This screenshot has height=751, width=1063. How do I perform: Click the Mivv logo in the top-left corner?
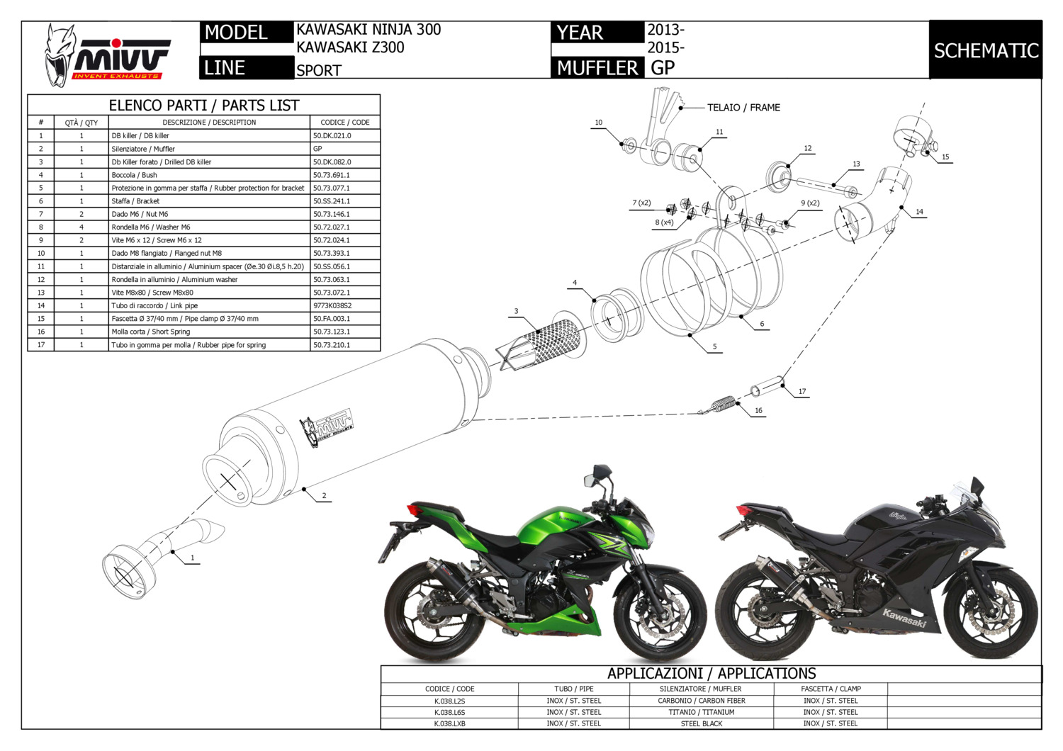[106, 55]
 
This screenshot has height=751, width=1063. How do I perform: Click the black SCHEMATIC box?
[986, 50]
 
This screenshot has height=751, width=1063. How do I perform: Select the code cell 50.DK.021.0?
[332, 135]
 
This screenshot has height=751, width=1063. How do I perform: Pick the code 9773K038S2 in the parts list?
[332, 305]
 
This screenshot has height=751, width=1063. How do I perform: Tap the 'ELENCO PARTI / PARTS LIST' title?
[203, 106]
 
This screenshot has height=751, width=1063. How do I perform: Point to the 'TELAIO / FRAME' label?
[743, 108]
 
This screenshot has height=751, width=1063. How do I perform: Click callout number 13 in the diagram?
[856, 164]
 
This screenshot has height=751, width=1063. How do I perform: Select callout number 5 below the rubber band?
[714, 346]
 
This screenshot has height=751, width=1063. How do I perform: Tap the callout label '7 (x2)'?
[641, 203]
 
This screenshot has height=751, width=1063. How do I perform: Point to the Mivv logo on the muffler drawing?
[326, 426]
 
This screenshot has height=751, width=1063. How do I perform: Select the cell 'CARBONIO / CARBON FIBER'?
[701, 701]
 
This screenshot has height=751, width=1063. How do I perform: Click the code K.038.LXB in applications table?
[449, 723]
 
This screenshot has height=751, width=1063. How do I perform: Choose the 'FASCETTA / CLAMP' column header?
[831, 689]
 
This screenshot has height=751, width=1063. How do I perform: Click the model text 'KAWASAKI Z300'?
[350, 47]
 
